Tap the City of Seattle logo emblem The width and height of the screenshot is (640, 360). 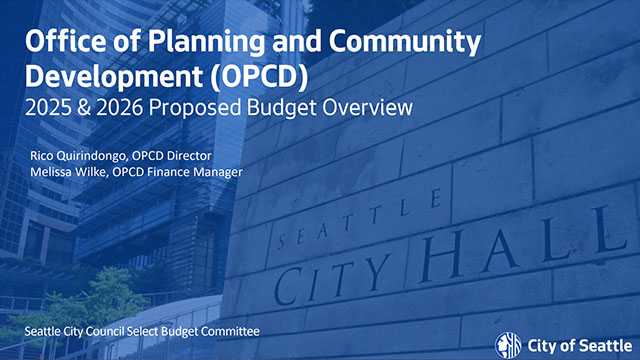point(507,340)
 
